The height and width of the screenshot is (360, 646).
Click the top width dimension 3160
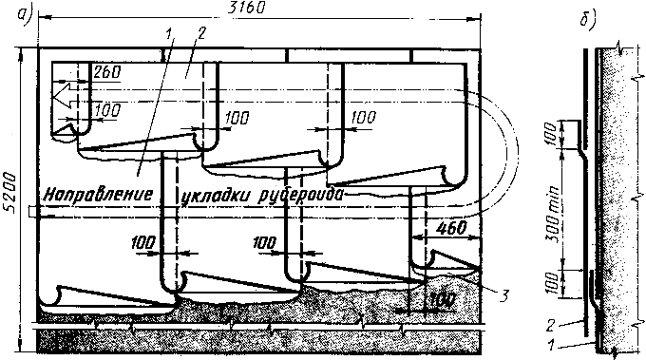point(247,8)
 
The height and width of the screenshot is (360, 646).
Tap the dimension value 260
point(107,71)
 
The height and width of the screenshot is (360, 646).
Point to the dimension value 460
point(452,228)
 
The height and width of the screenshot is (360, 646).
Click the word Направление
point(98,194)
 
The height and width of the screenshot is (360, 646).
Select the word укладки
point(217,197)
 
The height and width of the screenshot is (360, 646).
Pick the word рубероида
point(300,196)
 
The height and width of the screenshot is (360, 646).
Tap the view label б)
point(587,19)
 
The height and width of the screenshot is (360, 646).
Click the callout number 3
point(503,294)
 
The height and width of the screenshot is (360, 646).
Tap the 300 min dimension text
point(555,214)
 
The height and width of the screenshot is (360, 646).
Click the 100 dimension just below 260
point(107,110)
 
